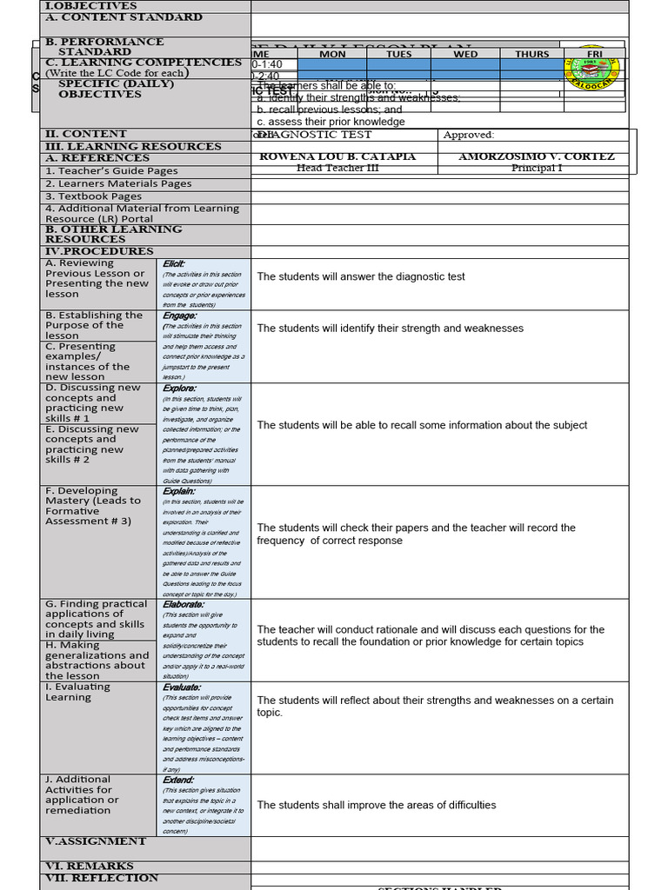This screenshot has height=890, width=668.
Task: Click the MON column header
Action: (x=332, y=54)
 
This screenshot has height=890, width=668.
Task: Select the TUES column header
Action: (x=398, y=54)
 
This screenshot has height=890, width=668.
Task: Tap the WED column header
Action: (x=465, y=54)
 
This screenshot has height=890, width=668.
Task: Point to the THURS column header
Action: (x=531, y=54)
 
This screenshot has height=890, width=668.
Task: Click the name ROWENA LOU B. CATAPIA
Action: (x=338, y=156)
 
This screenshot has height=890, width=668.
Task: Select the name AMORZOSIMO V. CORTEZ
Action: (x=537, y=156)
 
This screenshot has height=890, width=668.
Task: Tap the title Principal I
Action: (x=537, y=168)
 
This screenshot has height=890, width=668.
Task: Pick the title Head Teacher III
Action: (x=338, y=168)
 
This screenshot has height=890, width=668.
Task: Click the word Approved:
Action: (x=469, y=135)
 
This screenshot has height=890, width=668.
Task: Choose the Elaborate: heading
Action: (x=184, y=604)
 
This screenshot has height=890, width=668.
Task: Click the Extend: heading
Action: (x=178, y=780)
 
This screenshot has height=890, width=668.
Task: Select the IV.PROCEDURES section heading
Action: (x=99, y=251)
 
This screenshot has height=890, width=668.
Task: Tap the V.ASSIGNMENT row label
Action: (x=96, y=841)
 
